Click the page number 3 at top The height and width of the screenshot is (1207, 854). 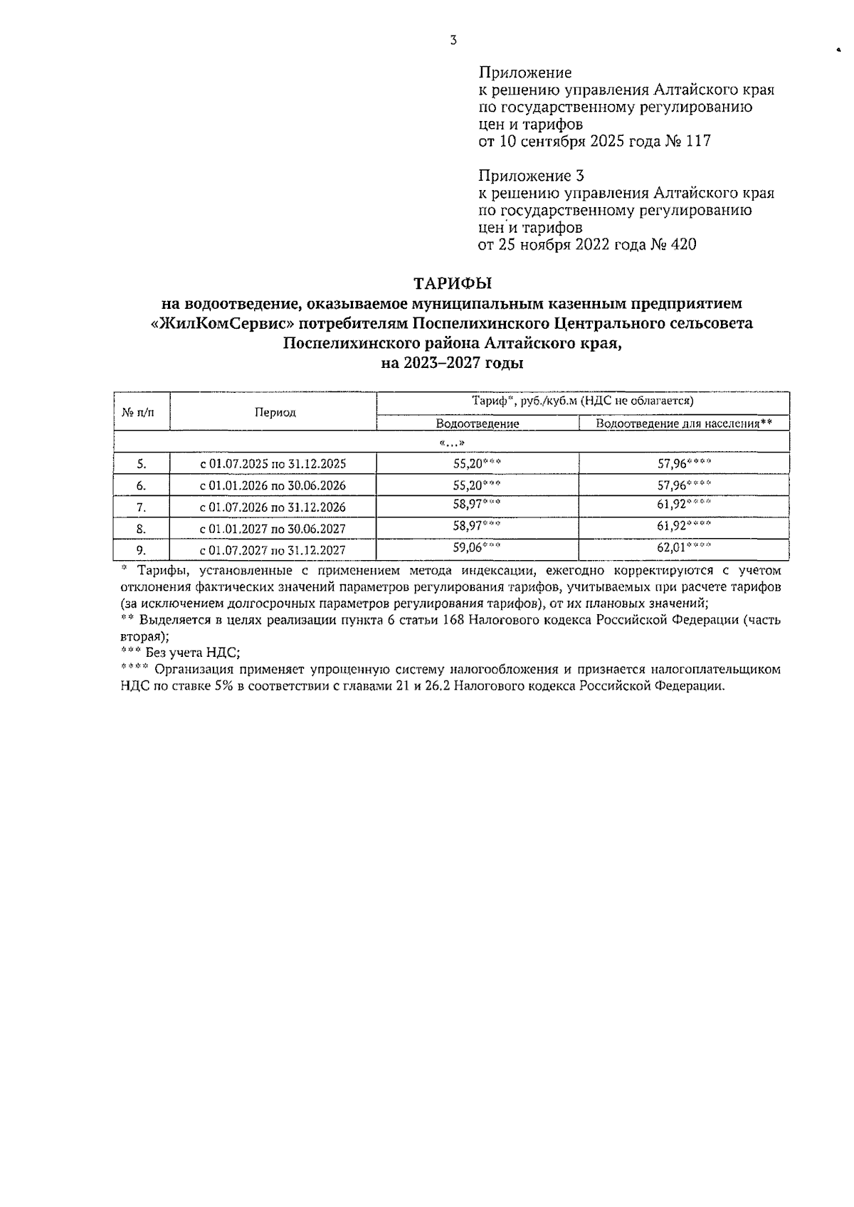pyautogui.click(x=453, y=40)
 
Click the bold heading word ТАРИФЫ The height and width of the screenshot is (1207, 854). pyautogui.click(x=453, y=284)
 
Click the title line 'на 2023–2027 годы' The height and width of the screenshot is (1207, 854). pyautogui.click(x=453, y=364)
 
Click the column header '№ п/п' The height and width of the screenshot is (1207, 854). pyautogui.click(x=142, y=411)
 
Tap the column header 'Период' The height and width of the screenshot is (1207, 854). pyautogui.click(x=274, y=412)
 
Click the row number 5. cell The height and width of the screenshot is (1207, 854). pyautogui.click(x=142, y=464)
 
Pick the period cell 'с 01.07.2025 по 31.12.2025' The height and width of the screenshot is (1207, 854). pyautogui.click(x=273, y=464)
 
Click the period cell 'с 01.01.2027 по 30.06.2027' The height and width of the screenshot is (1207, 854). pyautogui.click(x=273, y=529)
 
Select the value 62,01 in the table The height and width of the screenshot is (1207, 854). pyautogui.click(x=671, y=549)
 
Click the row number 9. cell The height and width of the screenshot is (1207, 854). pyautogui.click(x=142, y=550)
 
